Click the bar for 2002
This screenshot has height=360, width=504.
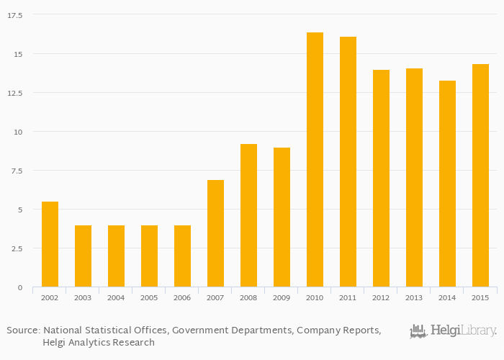click(50, 244)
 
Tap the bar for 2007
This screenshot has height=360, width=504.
click(215, 233)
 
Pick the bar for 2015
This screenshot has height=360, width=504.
click(480, 176)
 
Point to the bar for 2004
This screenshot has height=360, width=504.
click(116, 256)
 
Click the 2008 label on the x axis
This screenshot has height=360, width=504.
click(248, 297)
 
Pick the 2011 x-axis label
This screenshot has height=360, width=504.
click(348, 297)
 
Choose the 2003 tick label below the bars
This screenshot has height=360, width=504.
click(83, 297)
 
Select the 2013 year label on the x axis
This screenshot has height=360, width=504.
click(414, 297)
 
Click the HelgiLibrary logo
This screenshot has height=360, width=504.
click(453, 331)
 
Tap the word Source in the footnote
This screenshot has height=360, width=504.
click(22, 330)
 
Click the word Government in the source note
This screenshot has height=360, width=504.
click(199, 330)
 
